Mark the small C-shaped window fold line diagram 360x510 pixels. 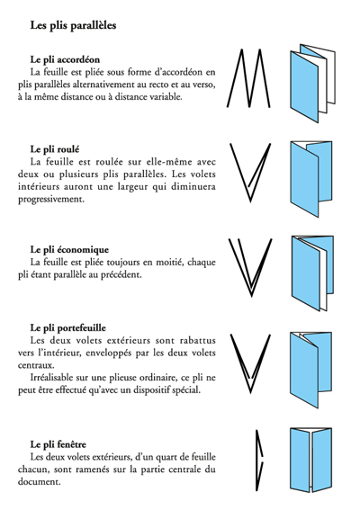tap(258, 461)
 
